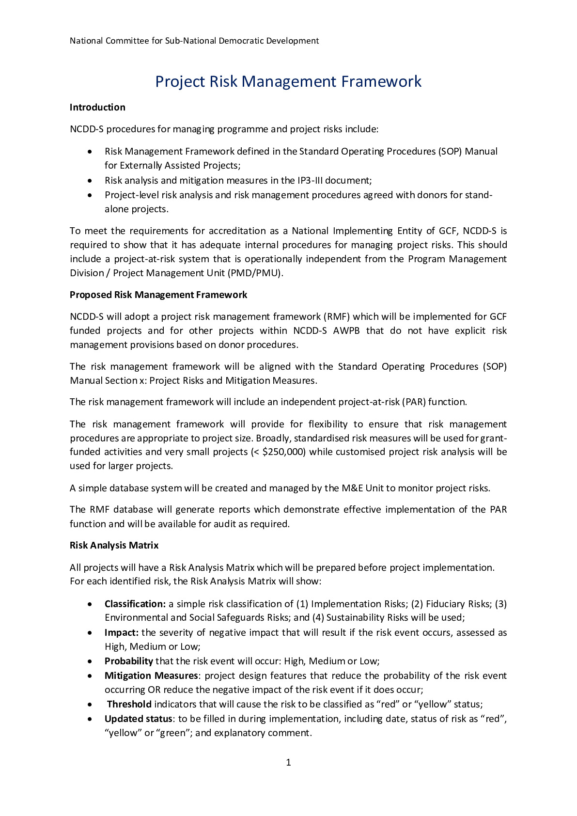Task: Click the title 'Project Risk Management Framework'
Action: (x=288, y=81)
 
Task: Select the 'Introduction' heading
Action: (x=97, y=107)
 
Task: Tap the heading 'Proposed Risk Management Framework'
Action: (x=158, y=295)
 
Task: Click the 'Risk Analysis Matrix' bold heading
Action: (x=114, y=545)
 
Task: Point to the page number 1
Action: (x=289, y=762)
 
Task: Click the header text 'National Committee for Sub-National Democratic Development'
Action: (x=194, y=41)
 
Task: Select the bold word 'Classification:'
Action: (x=135, y=604)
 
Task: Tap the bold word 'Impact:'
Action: (x=122, y=632)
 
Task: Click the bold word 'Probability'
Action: (x=129, y=661)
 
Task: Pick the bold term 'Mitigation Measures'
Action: (x=151, y=675)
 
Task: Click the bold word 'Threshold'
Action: (x=129, y=704)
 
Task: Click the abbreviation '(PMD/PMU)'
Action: (x=258, y=273)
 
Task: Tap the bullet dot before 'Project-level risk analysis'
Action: (x=90, y=195)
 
